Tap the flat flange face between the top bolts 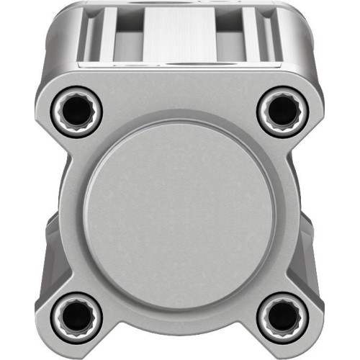[179, 97]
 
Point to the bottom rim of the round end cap [179, 306]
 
